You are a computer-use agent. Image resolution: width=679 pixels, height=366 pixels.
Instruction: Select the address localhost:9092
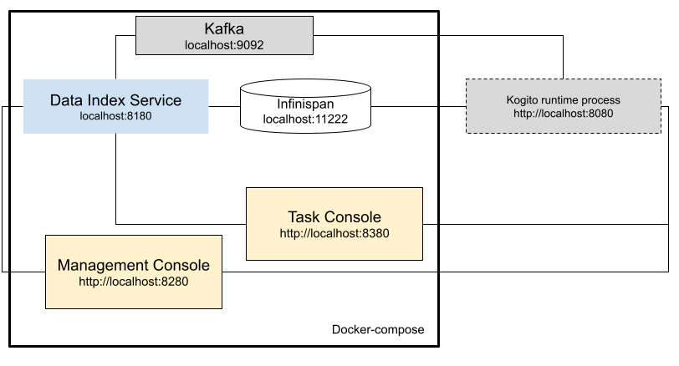[x=224, y=45]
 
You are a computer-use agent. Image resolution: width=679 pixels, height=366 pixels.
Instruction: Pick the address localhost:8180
[x=115, y=116]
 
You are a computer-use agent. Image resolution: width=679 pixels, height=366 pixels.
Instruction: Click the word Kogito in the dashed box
[x=523, y=99]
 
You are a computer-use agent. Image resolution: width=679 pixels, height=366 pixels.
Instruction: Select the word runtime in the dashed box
[x=563, y=99]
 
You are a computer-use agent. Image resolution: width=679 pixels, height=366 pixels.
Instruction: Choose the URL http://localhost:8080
[x=563, y=113]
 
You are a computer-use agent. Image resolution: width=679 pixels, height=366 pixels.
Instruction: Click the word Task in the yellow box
[x=304, y=217]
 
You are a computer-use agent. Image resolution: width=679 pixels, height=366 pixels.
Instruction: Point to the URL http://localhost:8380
[x=334, y=233]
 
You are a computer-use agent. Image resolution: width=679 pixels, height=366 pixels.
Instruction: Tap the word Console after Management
[x=182, y=265]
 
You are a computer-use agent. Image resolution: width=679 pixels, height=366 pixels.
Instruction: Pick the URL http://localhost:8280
[x=134, y=282]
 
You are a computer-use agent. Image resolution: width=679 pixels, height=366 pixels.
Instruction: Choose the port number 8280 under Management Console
[x=173, y=282]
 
